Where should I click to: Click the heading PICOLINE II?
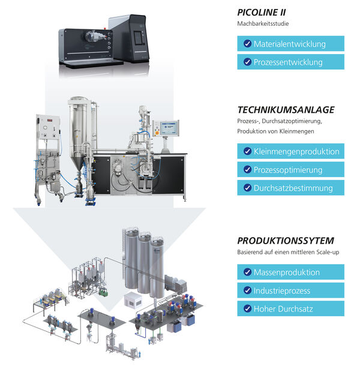pyautogui.click(x=261, y=13)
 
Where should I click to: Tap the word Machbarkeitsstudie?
pyautogui.click(x=263, y=23)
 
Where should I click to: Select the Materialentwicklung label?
pyautogui.click(x=289, y=44)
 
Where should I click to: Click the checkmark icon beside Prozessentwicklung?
pyautogui.click(x=247, y=62)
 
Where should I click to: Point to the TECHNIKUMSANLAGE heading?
pyautogui.click(x=286, y=110)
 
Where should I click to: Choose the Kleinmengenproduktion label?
pyautogui.click(x=296, y=151)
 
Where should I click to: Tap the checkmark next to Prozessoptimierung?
pyautogui.click(x=247, y=170)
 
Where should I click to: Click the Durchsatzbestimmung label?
pyautogui.click(x=293, y=188)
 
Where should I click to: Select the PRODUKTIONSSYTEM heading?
pyautogui.click(x=286, y=241)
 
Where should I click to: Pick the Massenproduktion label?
pyautogui.click(x=287, y=272)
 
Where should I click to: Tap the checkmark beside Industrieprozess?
pyautogui.click(x=247, y=290)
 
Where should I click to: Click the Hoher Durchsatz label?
pyautogui.click(x=283, y=309)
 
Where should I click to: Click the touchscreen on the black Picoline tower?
pyautogui.click(x=138, y=38)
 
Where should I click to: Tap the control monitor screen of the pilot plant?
pyautogui.click(x=169, y=128)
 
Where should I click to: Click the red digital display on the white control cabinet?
pyautogui.click(x=50, y=120)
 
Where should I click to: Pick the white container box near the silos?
pyautogui.click(x=133, y=299)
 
